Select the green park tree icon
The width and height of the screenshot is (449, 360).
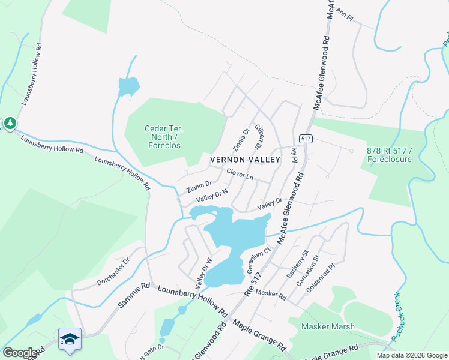click(x=10, y=124)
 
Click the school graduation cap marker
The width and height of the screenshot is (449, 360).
click(x=70, y=339)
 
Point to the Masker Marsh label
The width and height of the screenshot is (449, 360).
click(x=328, y=327)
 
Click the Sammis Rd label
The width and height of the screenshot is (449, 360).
click(x=132, y=296)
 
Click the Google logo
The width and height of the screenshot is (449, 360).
click(x=20, y=353)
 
